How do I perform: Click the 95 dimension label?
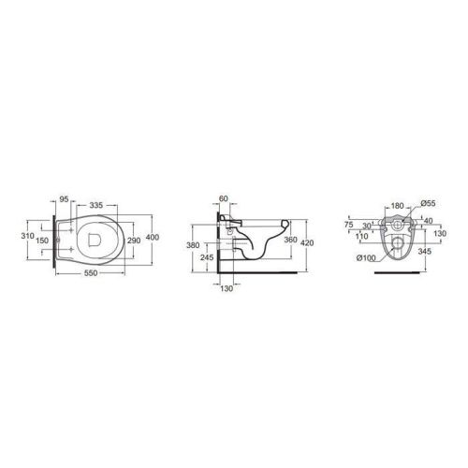click(x=64, y=199)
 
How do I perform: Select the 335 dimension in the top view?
click(x=96, y=205)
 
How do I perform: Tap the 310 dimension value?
click(x=28, y=236)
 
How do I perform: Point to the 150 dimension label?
click(x=42, y=241)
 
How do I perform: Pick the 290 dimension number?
click(x=134, y=241)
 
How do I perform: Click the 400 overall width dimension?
click(x=153, y=237)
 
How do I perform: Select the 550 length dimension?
click(x=91, y=273)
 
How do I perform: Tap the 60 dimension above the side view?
click(x=224, y=198)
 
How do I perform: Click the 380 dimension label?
click(x=193, y=245)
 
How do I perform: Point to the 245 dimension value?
click(x=207, y=257)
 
